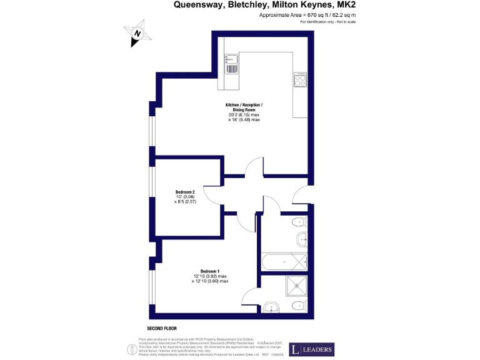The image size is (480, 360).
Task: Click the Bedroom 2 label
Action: (x=185, y=192)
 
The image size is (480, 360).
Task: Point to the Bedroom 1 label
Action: (x=209, y=271)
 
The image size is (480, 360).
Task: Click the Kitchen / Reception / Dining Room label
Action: (x=244, y=107)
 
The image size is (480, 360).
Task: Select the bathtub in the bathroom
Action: (x=284, y=261)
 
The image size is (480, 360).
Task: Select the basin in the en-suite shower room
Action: (x=271, y=306)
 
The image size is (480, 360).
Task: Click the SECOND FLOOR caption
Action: (x=162, y=328)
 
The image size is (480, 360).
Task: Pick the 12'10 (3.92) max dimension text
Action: (x=209, y=276)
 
